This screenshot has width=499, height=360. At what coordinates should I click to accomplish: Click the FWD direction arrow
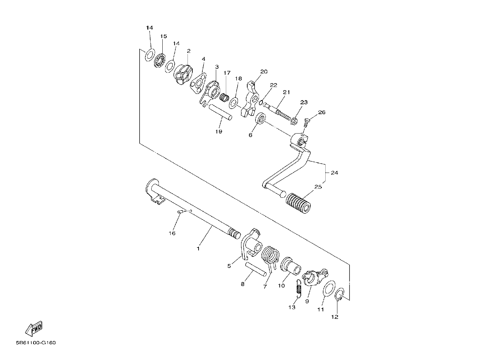33,329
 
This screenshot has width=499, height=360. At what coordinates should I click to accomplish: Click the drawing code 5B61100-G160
36,343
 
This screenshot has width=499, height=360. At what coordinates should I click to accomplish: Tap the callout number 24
334,173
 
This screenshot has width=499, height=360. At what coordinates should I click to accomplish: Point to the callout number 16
172,233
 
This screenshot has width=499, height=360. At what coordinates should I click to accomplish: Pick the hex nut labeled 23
294,121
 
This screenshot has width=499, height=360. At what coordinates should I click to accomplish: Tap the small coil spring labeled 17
224,97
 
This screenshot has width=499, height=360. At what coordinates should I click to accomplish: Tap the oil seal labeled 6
260,118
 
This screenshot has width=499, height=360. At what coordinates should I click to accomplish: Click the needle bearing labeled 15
160,60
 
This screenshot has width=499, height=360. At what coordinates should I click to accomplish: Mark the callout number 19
219,132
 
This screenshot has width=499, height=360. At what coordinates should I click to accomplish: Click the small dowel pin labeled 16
180,212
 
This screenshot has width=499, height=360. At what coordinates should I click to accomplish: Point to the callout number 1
198,249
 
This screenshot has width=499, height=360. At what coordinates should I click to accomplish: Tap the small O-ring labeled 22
261,103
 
